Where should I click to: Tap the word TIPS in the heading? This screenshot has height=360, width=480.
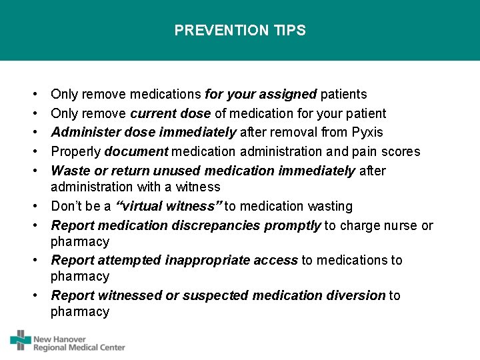point(289,31)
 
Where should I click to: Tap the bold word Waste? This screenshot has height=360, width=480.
point(69,171)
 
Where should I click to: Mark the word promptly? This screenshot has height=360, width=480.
point(293,225)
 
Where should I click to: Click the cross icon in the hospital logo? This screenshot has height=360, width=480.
point(21,340)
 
